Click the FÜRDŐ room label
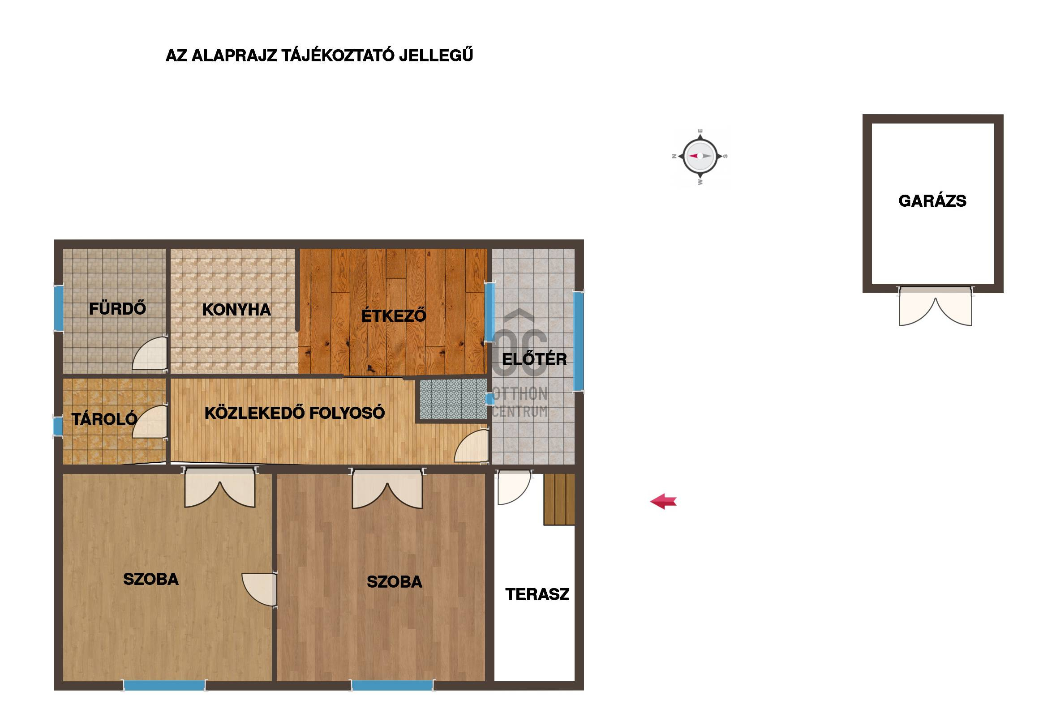(118, 309)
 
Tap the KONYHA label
(236, 310)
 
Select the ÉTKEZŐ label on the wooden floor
(394, 315)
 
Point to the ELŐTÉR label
(534, 359)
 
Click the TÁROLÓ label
(104, 419)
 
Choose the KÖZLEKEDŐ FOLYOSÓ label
(295, 413)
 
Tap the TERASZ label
(537, 594)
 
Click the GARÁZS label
(932, 201)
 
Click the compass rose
(700, 156)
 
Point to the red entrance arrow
(663, 502)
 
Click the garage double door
(935, 306)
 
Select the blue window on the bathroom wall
(58, 308)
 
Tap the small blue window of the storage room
(57, 426)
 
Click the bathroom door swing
(149, 353)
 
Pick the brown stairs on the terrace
(559, 499)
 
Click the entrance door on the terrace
(514, 487)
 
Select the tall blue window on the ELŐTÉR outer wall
(579, 341)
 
